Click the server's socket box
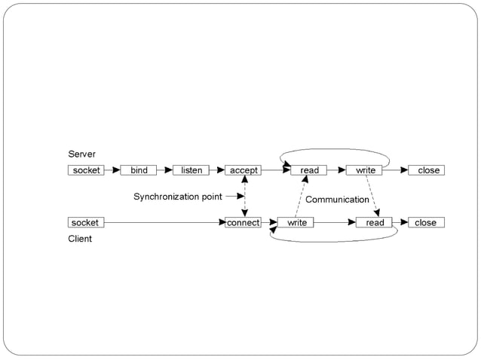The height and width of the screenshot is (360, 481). pos(86,170)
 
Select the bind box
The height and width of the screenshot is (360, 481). pos(139,170)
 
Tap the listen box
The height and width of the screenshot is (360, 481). pos(191,170)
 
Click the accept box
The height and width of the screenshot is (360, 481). pos(244,170)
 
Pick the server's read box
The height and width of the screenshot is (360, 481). pos(309,170)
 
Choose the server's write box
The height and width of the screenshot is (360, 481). pos(365,170)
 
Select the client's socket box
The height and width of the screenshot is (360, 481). pos(85,222)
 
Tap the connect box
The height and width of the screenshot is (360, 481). pos(243,222)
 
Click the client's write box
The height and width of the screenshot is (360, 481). pos(296,222)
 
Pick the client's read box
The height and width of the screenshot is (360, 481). pos(375,222)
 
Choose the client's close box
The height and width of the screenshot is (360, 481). pos(425,222)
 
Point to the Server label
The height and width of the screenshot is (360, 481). pos(82,154)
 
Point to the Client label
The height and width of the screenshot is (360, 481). pos(80,239)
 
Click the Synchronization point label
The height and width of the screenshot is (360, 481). pos(178,197)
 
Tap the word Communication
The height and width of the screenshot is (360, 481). pos(337,200)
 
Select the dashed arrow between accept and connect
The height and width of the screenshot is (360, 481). pos(244,197)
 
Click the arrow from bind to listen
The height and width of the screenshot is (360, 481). pos(165,170)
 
